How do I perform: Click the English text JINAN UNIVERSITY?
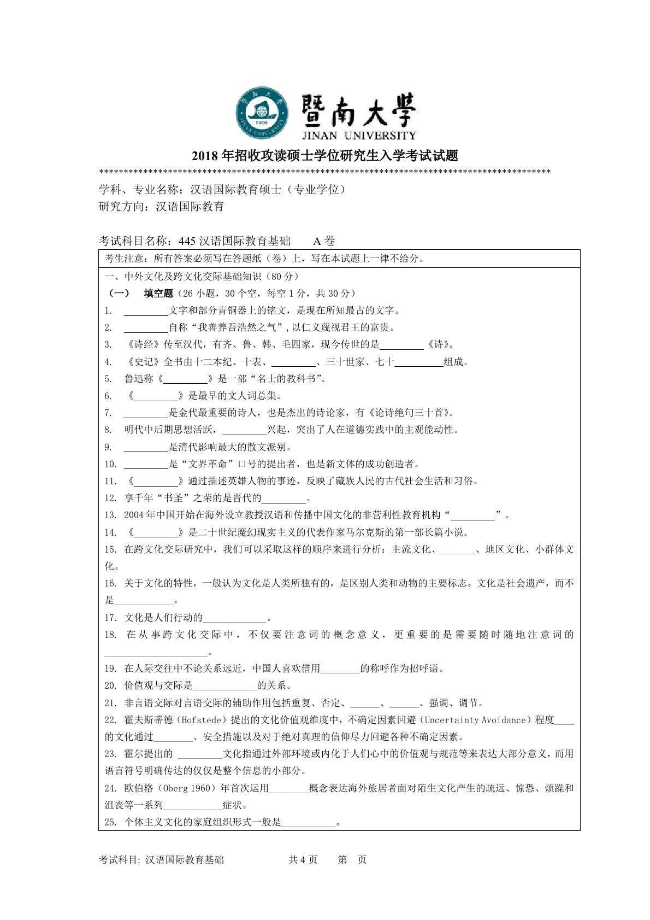click(359, 135)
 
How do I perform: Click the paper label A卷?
click(324, 241)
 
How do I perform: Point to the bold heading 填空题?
click(158, 294)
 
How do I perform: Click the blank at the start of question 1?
click(146, 311)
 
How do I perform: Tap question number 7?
click(108, 413)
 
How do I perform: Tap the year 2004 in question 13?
click(134, 515)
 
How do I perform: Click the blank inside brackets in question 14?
click(156, 532)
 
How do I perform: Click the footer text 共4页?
click(303, 860)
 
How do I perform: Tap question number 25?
click(110, 822)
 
